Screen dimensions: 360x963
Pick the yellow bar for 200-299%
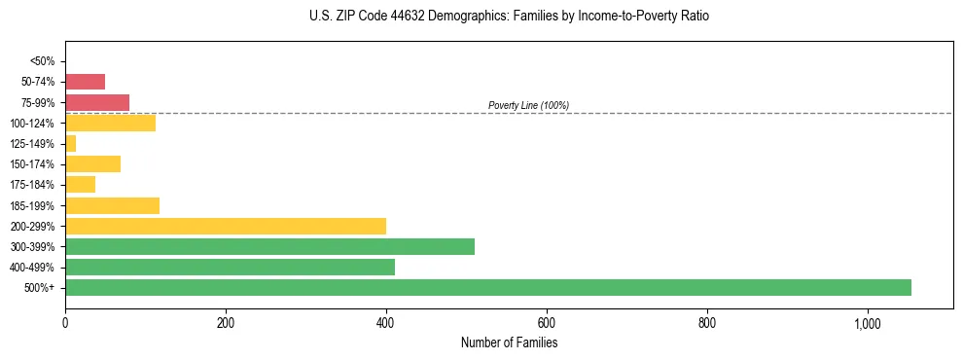coord(226,226)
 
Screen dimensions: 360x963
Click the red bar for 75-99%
coord(97,102)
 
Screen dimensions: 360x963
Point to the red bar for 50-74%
coord(85,82)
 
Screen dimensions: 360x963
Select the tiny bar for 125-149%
coord(71,144)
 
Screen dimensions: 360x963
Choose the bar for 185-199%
coord(112,205)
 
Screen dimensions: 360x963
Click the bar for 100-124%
coord(110,123)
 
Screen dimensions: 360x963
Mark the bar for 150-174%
coord(92,163)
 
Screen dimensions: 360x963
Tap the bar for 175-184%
coord(80,185)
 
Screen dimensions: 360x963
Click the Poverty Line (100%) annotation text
coord(528,105)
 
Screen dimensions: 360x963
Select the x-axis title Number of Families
coord(509,342)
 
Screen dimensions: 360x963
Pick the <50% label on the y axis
coord(42,61)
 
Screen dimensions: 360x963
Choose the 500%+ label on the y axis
coord(40,288)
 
